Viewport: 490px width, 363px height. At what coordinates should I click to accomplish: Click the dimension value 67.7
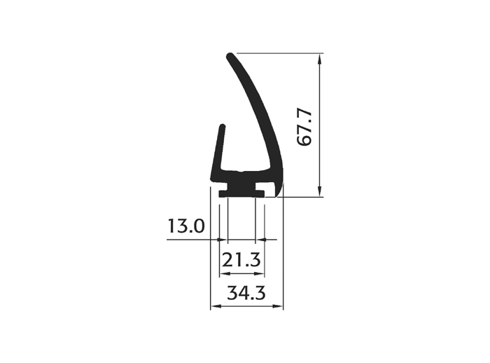[x=304, y=127]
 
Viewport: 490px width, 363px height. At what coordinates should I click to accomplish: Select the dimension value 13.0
[x=186, y=226]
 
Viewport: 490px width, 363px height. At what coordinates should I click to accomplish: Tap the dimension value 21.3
[x=241, y=260]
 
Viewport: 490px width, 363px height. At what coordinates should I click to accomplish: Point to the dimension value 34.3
[x=246, y=293]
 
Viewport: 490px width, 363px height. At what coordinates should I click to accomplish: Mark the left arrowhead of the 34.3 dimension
[x=216, y=306]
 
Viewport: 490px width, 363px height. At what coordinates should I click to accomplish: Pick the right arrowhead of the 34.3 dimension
[x=277, y=306]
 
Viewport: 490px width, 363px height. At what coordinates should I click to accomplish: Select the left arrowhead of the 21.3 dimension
[x=225, y=273]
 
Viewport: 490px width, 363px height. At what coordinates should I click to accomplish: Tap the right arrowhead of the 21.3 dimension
[x=259, y=273]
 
